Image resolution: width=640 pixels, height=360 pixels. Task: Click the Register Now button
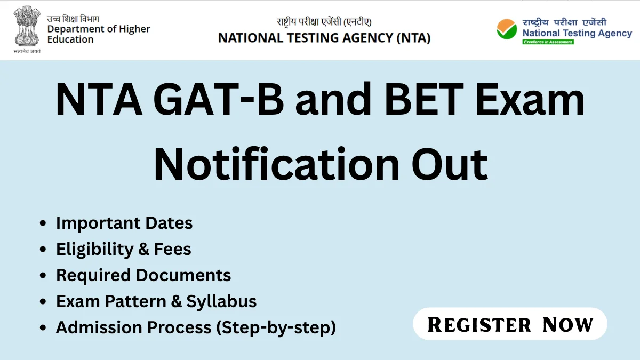(510, 324)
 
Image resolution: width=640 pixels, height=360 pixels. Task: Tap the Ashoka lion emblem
(27, 26)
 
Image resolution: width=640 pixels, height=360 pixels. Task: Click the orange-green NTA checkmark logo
(507, 29)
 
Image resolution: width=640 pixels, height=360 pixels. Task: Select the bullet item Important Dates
(124, 223)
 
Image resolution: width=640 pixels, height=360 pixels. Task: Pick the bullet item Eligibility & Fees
(123, 249)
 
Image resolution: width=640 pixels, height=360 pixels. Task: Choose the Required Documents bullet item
(143, 275)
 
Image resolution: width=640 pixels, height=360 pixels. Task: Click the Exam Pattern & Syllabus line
(156, 301)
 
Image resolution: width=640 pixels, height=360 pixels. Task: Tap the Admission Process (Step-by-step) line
(196, 327)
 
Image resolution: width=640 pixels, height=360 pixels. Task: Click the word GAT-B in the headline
(219, 99)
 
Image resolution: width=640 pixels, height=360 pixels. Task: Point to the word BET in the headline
(424, 99)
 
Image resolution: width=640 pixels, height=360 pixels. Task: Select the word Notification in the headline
(276, 164)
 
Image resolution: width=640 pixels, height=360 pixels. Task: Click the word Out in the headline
(450, 165)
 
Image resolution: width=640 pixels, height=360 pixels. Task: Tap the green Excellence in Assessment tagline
(548, 42)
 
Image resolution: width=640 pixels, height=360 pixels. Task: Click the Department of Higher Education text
(99, 34)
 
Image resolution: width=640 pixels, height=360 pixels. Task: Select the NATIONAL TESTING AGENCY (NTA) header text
(324, 38)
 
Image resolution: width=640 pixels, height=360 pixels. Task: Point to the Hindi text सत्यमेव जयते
(27, 51)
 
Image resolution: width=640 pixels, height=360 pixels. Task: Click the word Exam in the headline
(530, 99)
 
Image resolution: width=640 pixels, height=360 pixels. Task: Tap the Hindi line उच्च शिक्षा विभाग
(73, 19)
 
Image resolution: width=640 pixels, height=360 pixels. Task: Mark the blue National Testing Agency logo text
(577, 33)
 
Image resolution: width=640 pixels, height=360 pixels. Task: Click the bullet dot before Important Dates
(43, 223)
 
